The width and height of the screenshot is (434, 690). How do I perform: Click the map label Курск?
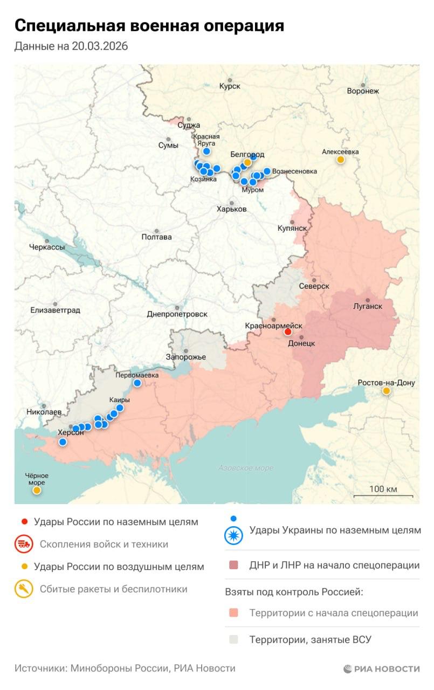coord(230,86)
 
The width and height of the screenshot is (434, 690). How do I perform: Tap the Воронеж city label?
coord(363,91)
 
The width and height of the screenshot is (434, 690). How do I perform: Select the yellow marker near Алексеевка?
coord(341,160)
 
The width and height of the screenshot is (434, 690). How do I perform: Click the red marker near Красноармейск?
coord(288,332)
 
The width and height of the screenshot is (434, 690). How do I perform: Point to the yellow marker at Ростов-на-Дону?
coord(386,391)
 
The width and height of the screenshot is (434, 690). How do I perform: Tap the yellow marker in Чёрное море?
coord(37,490)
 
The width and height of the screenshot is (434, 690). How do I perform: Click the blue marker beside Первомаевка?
coord(137,383)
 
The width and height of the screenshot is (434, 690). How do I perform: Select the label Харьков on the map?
coord(231,209)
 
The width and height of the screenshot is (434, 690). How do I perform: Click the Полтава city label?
coord(156,237)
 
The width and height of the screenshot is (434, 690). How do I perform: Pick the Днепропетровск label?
coord(177,314)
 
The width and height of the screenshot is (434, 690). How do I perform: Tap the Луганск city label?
coord(368,306)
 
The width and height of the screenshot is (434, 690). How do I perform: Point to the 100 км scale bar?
coord(383,495)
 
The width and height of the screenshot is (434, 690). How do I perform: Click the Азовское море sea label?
coord(246,468)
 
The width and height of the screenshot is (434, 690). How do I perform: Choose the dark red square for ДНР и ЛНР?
coord(233,565)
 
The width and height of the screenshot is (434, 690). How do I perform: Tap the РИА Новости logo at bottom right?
coord(381,668)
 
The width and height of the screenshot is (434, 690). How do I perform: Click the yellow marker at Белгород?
coord(247,162)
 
